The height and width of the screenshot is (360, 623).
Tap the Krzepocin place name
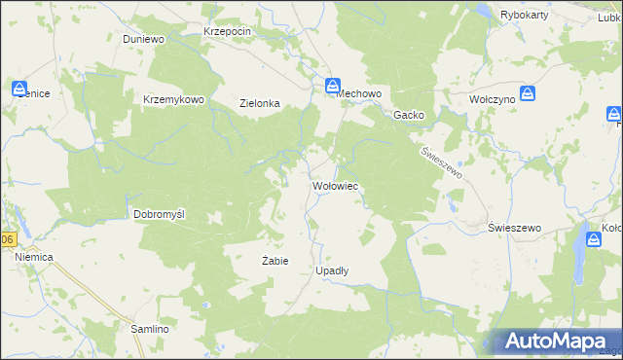point(228,31)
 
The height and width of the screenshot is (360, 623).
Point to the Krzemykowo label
point(172,99)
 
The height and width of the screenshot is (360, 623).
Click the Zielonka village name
point(260,103)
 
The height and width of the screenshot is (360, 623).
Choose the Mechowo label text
point(362,93)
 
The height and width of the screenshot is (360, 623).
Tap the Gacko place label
point(408,115)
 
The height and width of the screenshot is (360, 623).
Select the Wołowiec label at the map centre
point(337,184)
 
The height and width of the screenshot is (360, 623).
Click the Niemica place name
point(33,256)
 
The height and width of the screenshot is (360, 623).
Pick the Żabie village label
point(275,261)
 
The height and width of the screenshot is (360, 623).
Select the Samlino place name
point(151,330)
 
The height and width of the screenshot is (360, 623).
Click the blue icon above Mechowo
point(332,86)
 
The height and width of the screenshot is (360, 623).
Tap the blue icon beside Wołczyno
point(528,94)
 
